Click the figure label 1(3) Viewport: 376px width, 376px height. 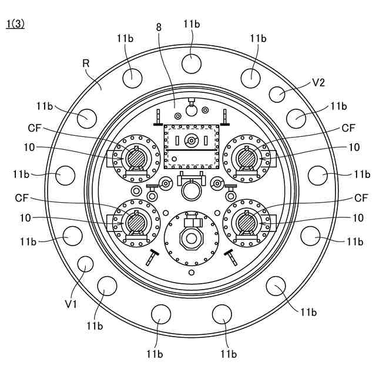click(16, 24)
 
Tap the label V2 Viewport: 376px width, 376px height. click(318, 82)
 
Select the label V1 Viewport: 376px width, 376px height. click(71, 304)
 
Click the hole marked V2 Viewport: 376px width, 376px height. click(277, 94)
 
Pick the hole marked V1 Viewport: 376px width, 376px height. click(86, 264)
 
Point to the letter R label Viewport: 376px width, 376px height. click(86, 63)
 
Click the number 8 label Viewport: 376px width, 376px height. click(159, 28)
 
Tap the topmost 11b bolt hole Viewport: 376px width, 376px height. click(192, 63)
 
